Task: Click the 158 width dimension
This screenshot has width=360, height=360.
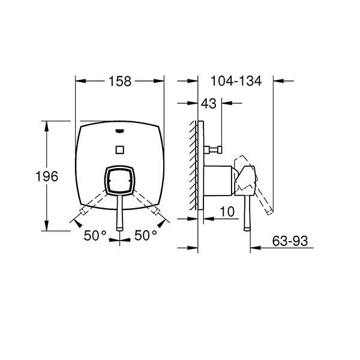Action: coord(120,81)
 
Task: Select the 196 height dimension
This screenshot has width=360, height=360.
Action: coord(47,176)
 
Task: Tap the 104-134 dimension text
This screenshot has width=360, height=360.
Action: coord(236,81)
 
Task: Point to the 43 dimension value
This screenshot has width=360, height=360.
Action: coord(209,104)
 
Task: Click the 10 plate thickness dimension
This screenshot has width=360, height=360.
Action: coord(227,211)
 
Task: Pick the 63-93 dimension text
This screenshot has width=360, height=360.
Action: coord(290,241)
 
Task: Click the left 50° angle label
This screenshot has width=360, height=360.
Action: coord(95,235)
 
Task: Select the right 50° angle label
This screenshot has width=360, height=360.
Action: coord(146,235)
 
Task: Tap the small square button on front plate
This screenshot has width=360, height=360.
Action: coord(119,149)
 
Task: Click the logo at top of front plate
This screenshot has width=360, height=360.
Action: coord(119,131)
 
